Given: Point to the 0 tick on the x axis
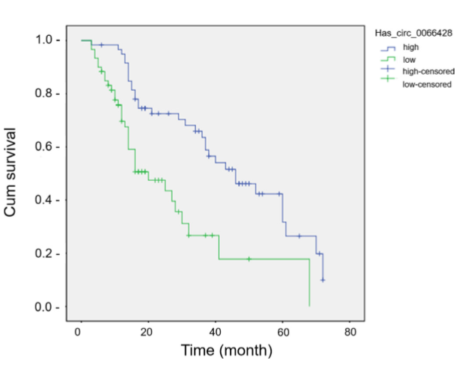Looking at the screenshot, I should tap(79, 331).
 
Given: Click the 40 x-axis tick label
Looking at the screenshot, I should tap(215, 331).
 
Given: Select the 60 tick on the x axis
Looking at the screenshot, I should tap(282, 331).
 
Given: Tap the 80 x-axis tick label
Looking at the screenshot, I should tap(350, 331).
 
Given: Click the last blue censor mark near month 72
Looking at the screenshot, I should tap(323, 280).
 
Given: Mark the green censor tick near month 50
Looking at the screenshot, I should tap(249, 259).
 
